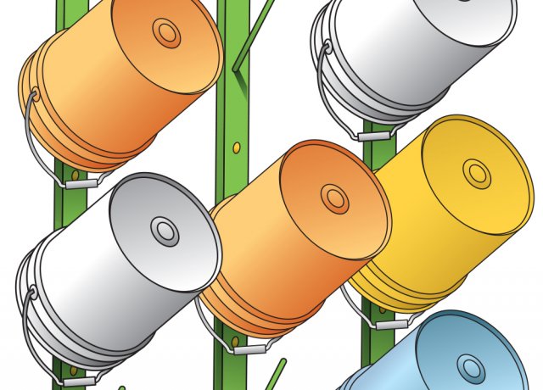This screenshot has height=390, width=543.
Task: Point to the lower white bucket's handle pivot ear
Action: pos(31,294)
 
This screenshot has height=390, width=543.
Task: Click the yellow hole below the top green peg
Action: pos(237,149)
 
